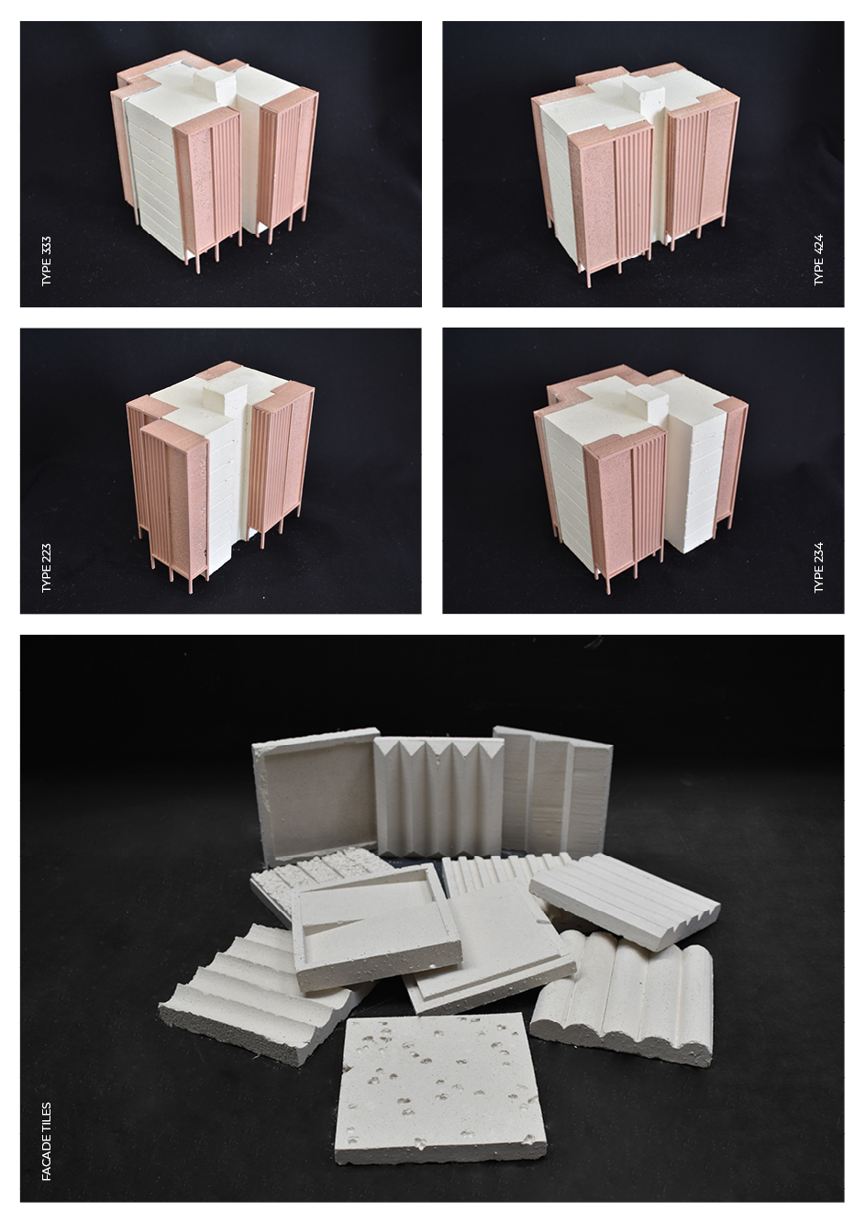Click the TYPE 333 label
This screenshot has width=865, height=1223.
[x=47, y=261]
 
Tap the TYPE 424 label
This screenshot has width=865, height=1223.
[x=818, y=260]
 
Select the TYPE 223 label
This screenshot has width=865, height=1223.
[x=47, y=568]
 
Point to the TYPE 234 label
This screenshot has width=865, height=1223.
[x=818, y=567]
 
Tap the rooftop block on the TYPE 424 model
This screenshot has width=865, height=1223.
[x=645, y=93]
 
